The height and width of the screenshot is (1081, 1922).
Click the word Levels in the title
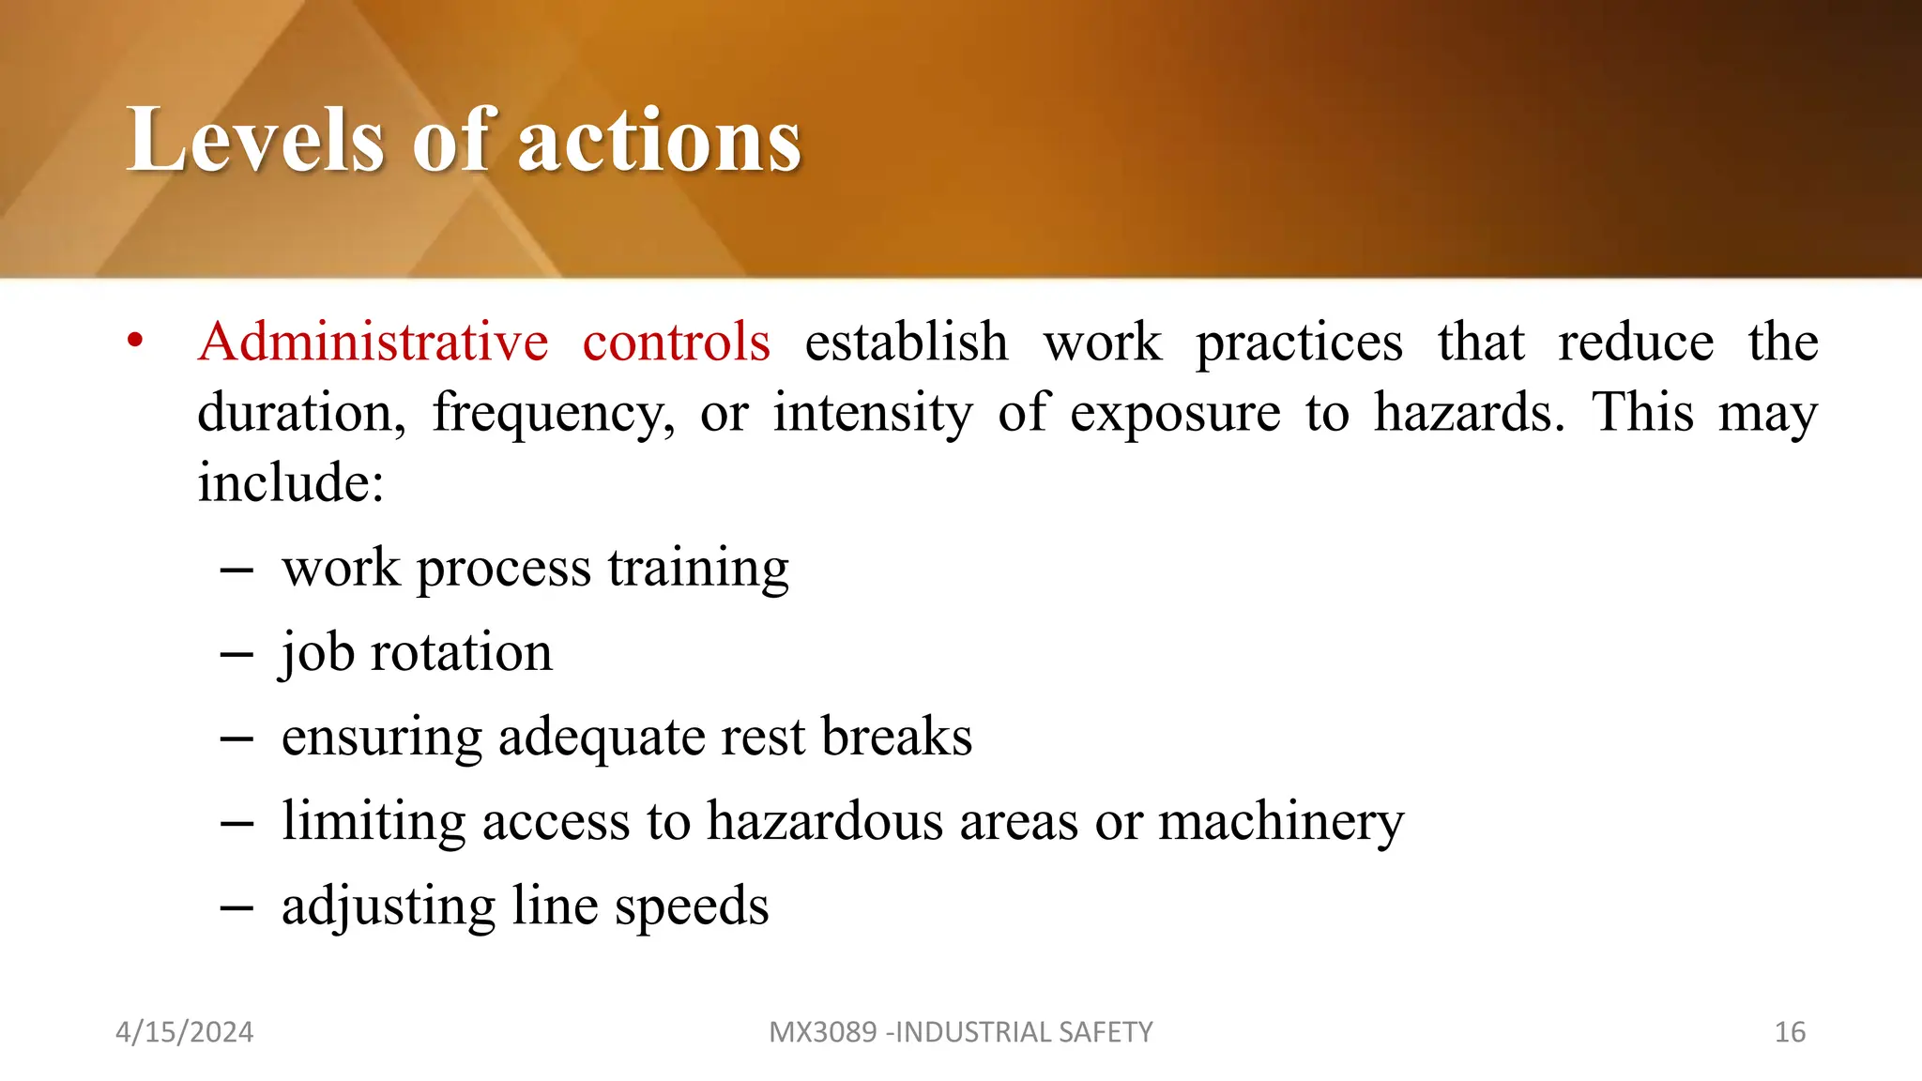click(x=254, y=140)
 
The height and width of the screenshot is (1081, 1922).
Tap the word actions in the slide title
click(x=659, y=140)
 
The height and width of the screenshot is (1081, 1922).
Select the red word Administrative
click(x=373, y=342)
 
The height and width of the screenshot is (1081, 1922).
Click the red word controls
click(x=676, y=342)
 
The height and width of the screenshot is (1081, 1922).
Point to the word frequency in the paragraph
click(x=553, y=413)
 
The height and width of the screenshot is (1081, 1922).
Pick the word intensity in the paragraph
click(x=873, y=413)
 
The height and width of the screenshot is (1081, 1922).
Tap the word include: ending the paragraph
click(x=291, y=483)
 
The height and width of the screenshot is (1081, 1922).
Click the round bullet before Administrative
click(x=136, y=342)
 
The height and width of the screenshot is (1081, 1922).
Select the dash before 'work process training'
click(x=236, y=570)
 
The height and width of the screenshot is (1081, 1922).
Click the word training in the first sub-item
click(x=698, y=569)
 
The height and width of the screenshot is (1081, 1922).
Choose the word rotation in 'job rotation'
click(x=461, y=652)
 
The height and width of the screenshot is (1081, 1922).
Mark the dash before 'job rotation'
click(x=236, y=654)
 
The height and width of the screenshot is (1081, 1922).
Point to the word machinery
click(x=1281, y=822)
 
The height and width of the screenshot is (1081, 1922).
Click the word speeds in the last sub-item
click(x=691, y=906)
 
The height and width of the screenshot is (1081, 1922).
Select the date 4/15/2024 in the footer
click(x=184, y=1032)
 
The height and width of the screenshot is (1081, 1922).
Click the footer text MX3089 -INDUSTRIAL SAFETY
click(x=960, y=1032)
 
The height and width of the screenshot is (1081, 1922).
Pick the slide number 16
click(x=1790, y=1032)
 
